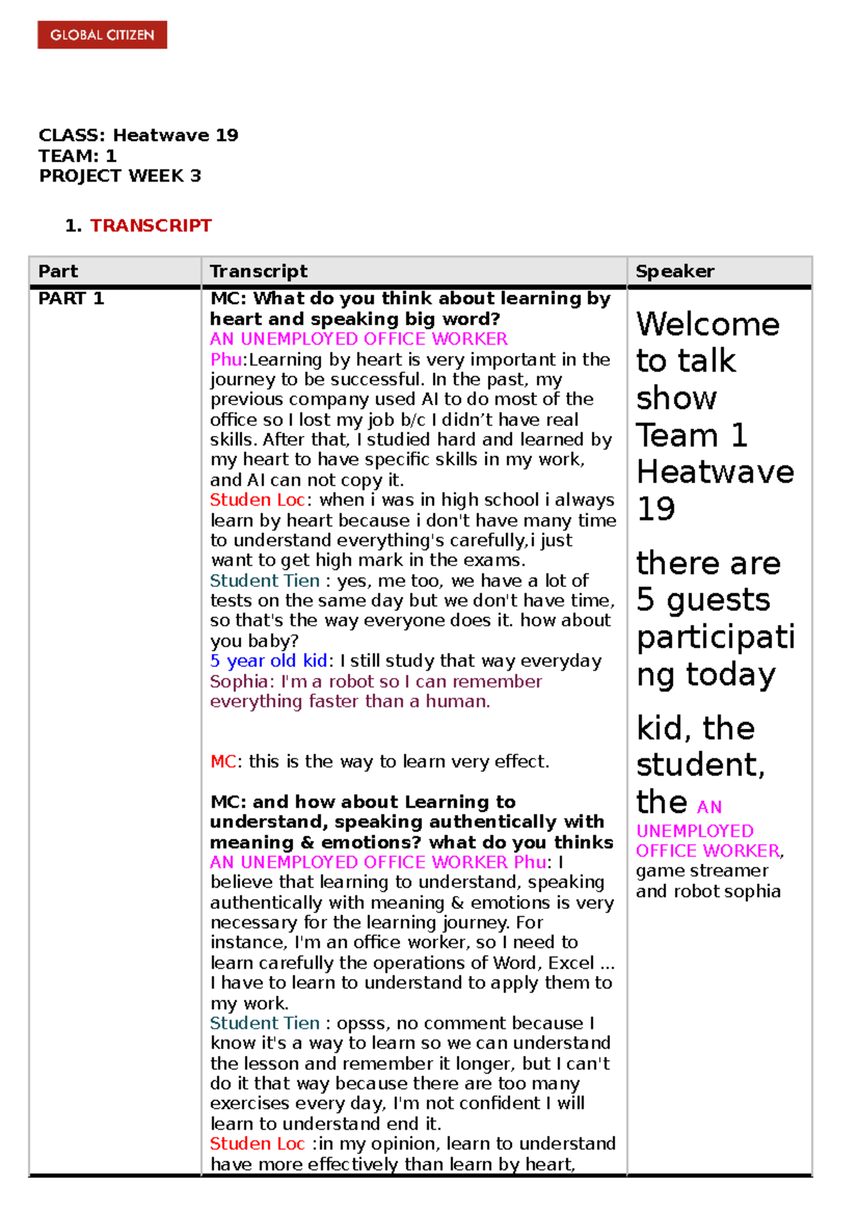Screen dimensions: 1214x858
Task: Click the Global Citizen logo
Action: click(102, 35)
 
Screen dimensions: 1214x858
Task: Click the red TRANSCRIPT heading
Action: click(150, 226)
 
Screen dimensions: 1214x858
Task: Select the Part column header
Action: click(58, 272)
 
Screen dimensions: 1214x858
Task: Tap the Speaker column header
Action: click(674, 272)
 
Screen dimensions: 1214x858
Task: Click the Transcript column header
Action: click(258, 272)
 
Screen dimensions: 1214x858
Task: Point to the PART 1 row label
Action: click(71, 299)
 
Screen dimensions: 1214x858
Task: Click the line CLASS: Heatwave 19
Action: click(138, 136)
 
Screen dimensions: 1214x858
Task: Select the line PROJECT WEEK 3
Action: click(119, 176)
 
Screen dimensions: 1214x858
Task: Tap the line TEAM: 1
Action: click(77, 156)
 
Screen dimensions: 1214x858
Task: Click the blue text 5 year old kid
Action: click(268, 661)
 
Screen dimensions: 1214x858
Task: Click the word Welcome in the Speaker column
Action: click(707, 325)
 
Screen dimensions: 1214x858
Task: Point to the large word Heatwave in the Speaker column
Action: click(714, 473)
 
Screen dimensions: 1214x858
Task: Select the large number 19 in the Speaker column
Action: click(655, 510)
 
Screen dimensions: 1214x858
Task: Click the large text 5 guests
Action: click(703, 600)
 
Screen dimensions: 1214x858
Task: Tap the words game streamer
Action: click(701, 871)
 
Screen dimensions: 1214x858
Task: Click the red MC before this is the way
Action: click(222, 762)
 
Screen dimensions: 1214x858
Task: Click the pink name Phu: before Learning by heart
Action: click(226, 360)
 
